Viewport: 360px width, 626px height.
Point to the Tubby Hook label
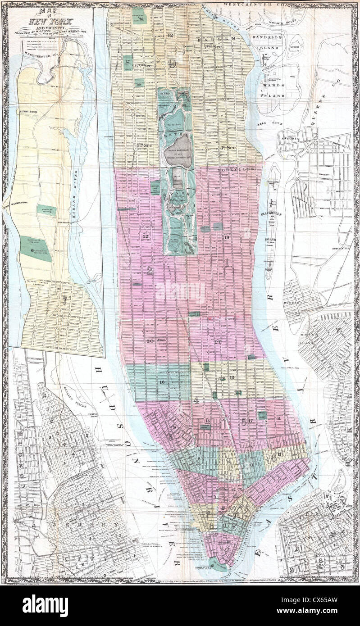point(28,111)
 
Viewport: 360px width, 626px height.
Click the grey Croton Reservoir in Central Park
point(179,145)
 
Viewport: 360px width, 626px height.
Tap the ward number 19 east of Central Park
point(227,237)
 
